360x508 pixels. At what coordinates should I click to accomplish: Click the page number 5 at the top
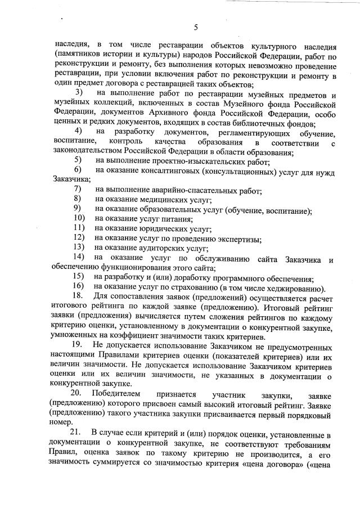pos(195,27)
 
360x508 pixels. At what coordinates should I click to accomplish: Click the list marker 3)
pos(79,92)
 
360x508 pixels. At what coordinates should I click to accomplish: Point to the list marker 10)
pos(79,218)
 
